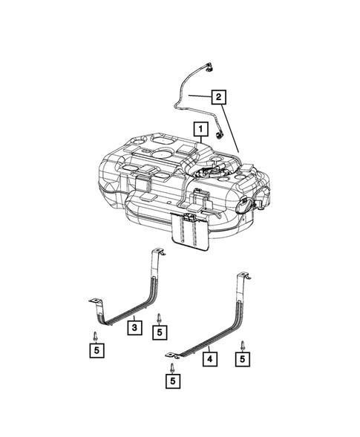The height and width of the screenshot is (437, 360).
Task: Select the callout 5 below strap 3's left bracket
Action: click(96, 349)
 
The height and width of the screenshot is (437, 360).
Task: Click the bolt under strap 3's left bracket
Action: click(96, 332)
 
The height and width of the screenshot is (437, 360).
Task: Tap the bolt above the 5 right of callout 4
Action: click(243, 343)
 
